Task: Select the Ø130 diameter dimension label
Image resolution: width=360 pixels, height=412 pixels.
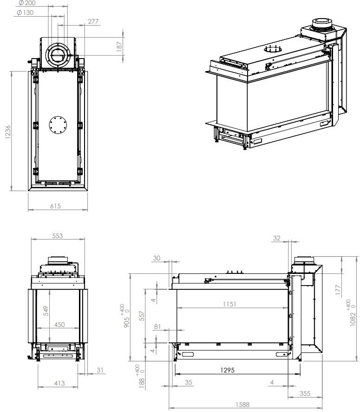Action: pyautogui.click(x=25, y=13)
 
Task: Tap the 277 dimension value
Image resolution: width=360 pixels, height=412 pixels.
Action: pyautogui.click(x=93, y=22)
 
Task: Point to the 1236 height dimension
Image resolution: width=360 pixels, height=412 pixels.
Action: pyautogui.click(x=8, y=131)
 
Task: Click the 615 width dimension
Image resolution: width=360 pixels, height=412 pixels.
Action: pyautogui.click(x=55, y=206)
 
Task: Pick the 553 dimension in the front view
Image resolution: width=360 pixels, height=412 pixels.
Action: pyautogui.click(x=57, y=236)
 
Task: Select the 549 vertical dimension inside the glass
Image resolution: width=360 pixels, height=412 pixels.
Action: pyautogui.click(x=46, y=311)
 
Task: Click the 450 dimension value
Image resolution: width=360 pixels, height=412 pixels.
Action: pyautogui.click(x=59, y=325)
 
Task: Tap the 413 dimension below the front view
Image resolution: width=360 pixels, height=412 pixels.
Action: pyautogui.click(x=59, y=383)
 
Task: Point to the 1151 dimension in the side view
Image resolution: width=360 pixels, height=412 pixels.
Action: pyautogui.click(x=229, y=304)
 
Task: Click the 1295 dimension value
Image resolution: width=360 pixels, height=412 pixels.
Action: pyautogui.click(x=228, y=371)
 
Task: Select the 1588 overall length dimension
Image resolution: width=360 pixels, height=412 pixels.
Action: pyautogui.click(x=242, y=405)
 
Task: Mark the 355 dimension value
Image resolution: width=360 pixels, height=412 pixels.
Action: pyautogui.click(x=304, y=393)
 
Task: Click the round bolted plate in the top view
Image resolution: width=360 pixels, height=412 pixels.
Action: pyautogui.click(x=58, y=124)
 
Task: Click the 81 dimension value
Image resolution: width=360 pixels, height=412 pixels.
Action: pyautogui.click(x=157, y=326)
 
